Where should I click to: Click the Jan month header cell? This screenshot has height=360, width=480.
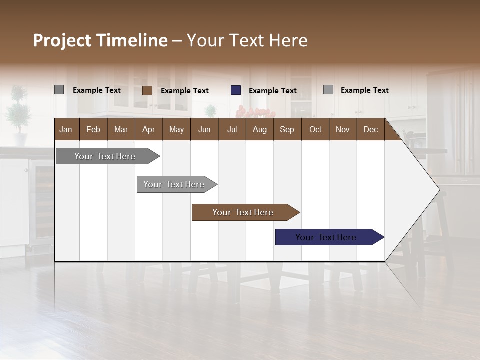point(66,129)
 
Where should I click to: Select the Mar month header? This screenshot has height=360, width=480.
point(121,129)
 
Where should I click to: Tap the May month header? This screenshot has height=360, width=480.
point(176,129)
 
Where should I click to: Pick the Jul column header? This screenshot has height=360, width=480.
point(232,129)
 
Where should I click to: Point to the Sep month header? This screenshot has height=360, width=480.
point(287,129)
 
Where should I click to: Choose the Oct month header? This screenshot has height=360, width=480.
point(315,129)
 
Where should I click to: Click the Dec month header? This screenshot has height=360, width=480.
point(370,129)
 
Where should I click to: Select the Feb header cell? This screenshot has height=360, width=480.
point(93,129)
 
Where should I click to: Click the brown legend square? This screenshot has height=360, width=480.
point(147,90)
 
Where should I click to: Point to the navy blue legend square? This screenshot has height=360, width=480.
point(236,90)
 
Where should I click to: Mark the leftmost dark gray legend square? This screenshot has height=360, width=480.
point(59,90)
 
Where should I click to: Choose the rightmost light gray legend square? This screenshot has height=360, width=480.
point(328,90)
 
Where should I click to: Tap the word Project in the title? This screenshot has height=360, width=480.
point(62,40)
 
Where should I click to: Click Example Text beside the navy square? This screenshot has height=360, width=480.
point(272,91)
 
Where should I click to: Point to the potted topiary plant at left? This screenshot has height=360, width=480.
point(18,112)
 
